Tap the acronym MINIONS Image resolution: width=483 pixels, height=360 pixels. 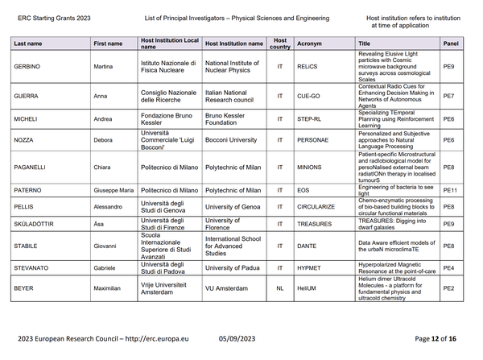tap(309, 168)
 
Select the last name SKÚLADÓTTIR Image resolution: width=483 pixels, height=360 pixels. tap(35, 223)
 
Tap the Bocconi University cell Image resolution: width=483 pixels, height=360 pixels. tap(233, 139)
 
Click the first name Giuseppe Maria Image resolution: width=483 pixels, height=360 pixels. tap(114, 190)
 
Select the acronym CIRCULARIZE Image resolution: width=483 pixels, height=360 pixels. tap(316, 206)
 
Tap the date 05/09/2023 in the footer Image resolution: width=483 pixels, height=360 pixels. tap(237, 340)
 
